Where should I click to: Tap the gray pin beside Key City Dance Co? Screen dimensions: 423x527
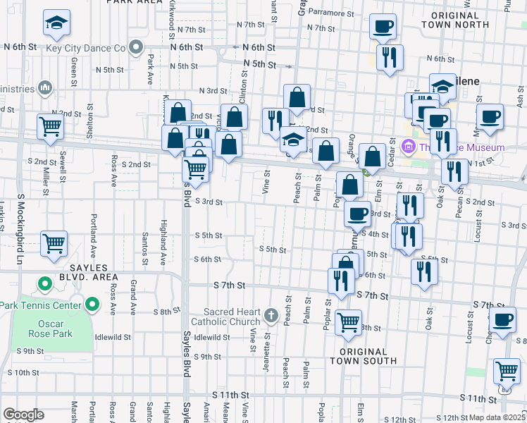(137, 49)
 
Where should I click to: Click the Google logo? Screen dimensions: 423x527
(23, 415)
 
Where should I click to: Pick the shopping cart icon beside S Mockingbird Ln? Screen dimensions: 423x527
(54, 244)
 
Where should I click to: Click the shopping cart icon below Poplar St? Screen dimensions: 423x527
(348, 323)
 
